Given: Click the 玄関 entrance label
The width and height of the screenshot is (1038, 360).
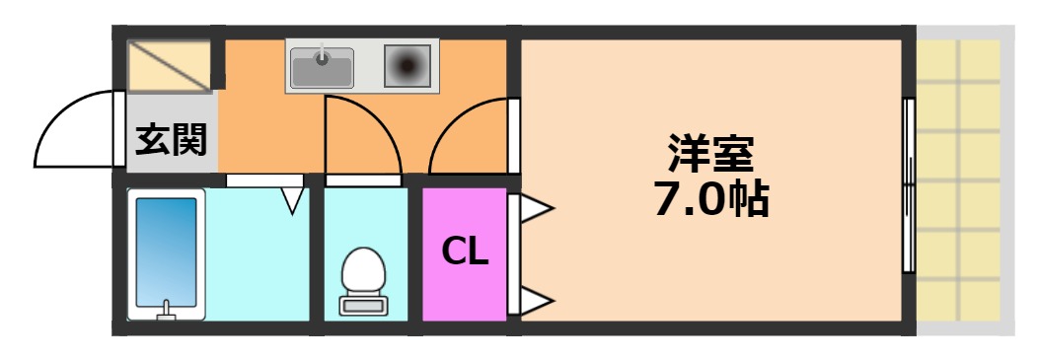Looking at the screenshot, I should [x=171, y=141].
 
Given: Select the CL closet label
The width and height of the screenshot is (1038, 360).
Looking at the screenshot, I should [x=464, y=252].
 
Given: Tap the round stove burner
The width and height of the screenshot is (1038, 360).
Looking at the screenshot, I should [x=407, y=66].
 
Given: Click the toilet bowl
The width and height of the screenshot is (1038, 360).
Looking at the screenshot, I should [x=363, y=268].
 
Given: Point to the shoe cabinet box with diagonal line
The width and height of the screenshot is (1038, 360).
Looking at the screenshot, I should [x=170, y=65].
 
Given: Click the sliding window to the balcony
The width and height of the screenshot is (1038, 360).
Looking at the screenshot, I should [x=909, y=185].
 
